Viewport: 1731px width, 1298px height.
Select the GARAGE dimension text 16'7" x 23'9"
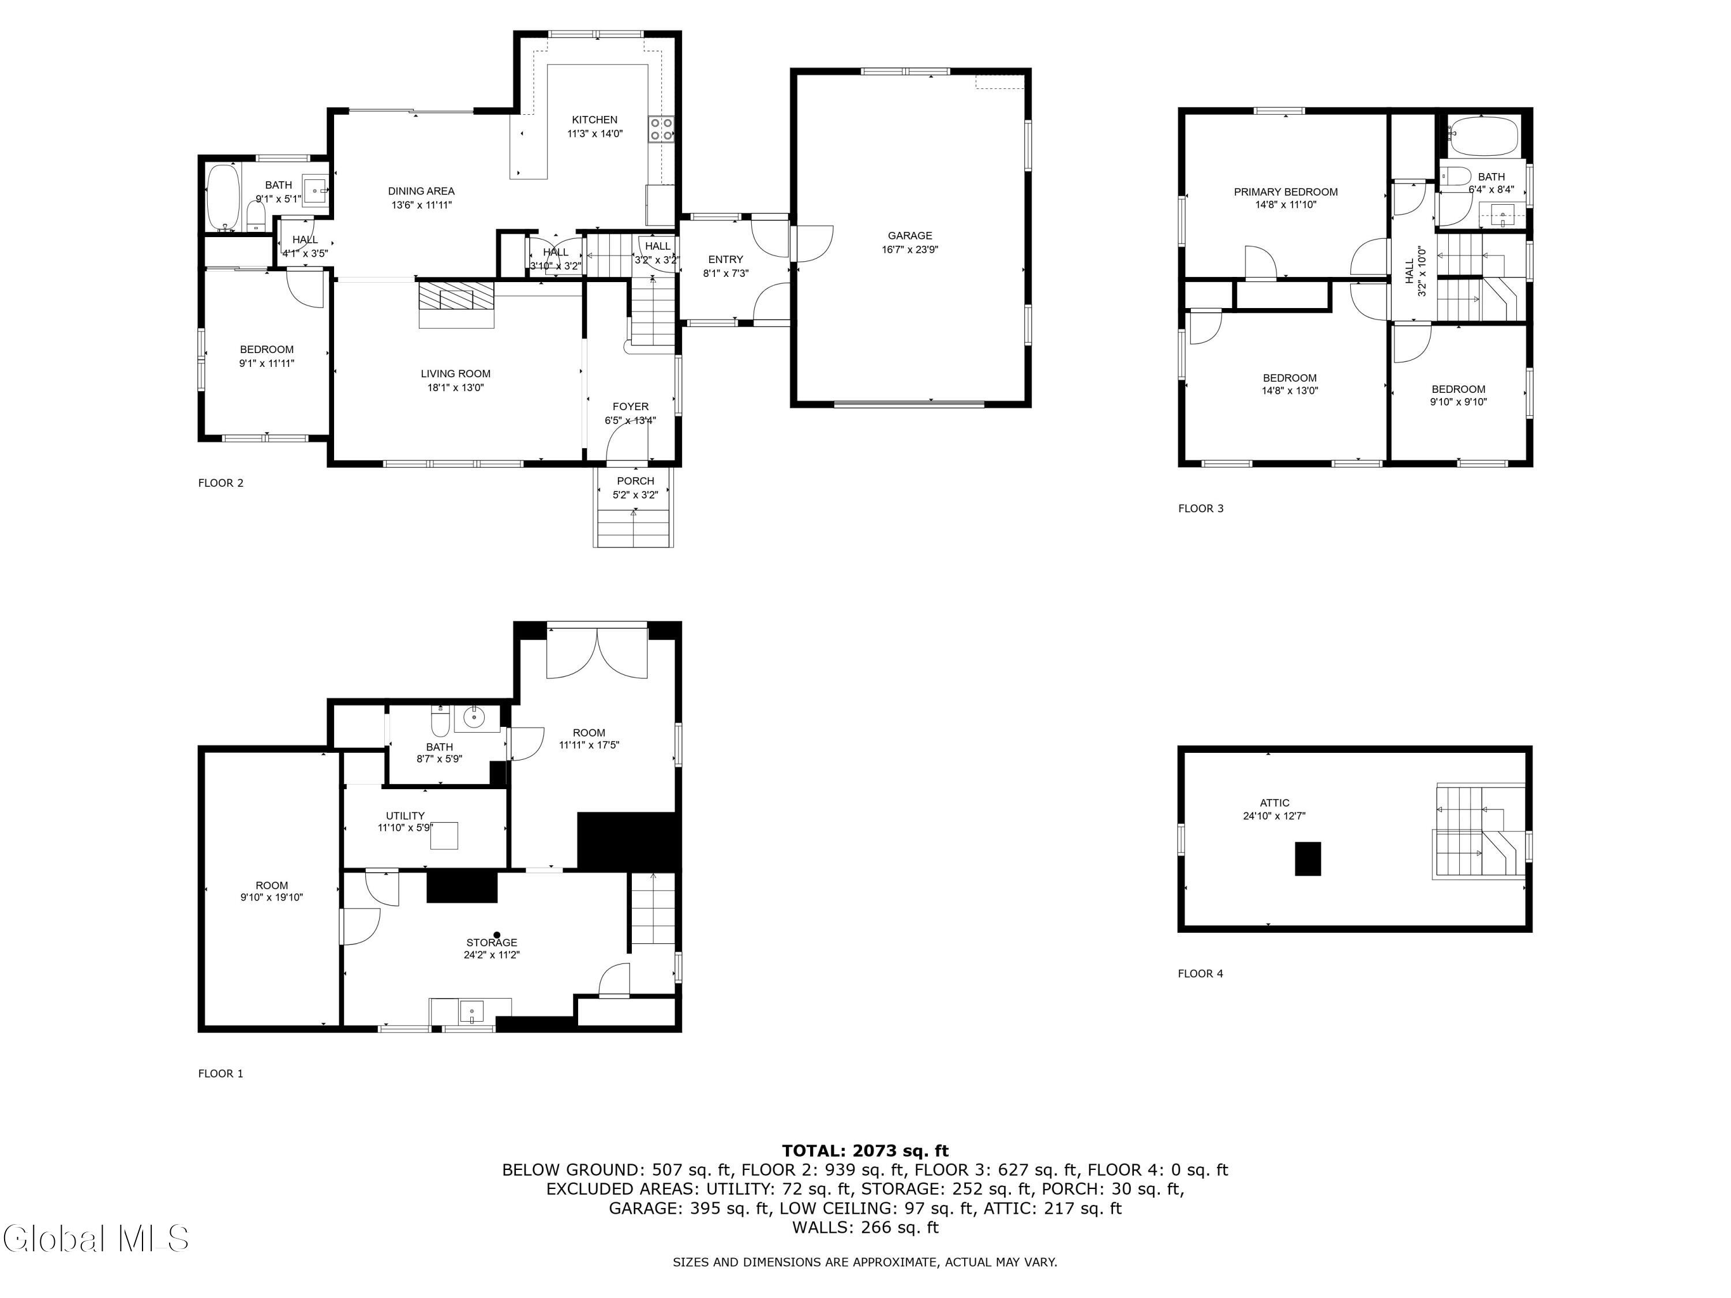(x=909, y=250)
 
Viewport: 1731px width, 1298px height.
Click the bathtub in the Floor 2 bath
(x=222, y=196)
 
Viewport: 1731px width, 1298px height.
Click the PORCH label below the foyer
(x=635, y=481)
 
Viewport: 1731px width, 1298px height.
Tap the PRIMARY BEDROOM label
(x=1285, y=192)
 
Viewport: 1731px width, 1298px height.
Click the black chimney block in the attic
(x=1307, y=858)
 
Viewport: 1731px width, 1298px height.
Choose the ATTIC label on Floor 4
(x=1274, y=803)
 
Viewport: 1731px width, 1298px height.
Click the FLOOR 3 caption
(x=1200, y=509)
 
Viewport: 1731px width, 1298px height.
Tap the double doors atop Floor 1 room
(x=597, y=653)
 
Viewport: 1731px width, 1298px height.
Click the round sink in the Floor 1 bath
(x=474, y=716)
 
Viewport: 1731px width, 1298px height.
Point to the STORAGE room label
(x=492, y=942)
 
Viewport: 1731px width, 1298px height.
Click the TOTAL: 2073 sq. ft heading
(x=865, y=1150)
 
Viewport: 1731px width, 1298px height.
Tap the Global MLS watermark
(x=95, y=1239)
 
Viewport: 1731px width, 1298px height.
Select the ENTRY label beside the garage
(x=725, y=260)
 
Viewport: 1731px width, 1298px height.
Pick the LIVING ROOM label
(x=455, y=374)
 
